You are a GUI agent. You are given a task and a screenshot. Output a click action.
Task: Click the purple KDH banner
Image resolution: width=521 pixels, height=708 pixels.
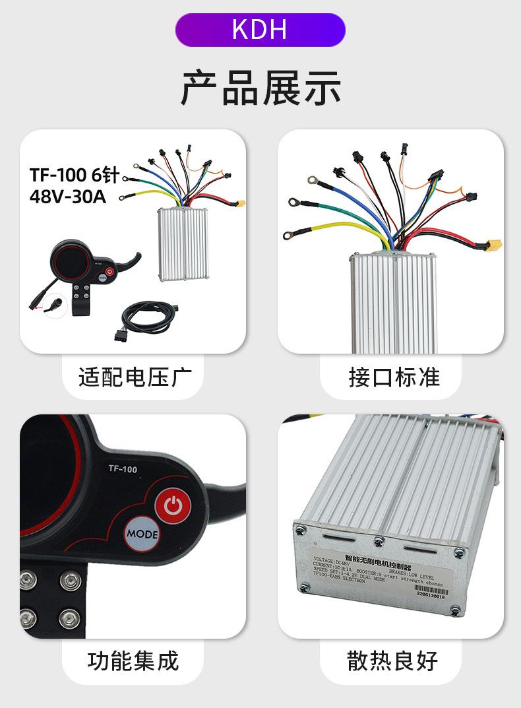tap(260, 30)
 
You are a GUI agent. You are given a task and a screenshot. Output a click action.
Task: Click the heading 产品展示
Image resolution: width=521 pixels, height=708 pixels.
tap(260, 88)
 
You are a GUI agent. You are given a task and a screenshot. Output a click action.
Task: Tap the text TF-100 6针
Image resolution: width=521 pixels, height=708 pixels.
tap(74, 175)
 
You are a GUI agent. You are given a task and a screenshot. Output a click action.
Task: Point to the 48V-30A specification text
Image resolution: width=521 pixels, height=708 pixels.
tap(68, 197)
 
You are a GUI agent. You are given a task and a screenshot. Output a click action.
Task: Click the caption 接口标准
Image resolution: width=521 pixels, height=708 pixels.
tap(394, 377)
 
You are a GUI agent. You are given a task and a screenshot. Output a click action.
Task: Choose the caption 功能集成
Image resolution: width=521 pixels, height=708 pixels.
tap(133, 660)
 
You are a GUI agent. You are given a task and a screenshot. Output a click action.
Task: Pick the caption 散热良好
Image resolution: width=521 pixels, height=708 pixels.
tap(393, 660)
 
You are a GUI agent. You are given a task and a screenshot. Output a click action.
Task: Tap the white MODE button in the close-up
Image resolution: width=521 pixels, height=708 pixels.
tap(142, 534)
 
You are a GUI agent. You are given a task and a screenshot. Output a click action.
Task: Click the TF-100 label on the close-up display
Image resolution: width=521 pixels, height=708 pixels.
tap(123, 469)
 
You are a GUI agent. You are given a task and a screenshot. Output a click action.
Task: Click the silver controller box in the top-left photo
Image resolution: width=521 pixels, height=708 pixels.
tap(184, 243)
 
